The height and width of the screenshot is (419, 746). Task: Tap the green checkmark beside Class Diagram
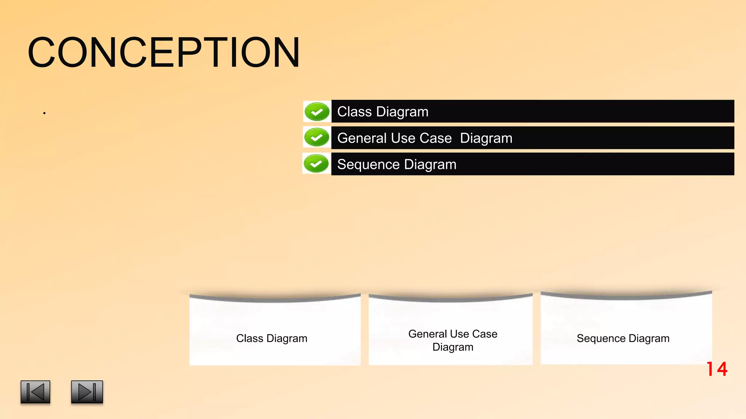[x=317, y=112]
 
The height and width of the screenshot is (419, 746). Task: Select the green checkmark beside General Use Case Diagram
[x=317, y=137]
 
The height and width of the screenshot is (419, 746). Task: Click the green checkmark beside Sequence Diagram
[x=316, y=163]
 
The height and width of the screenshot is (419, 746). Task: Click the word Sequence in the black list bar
[x=368, y=164]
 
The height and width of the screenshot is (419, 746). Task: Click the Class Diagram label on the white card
[x=272, y=338]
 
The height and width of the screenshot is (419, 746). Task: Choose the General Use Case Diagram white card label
[x=453, y=340]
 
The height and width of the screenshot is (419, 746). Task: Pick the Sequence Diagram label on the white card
[x=623, y=338]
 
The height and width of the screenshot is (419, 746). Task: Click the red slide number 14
[x=717, y=369]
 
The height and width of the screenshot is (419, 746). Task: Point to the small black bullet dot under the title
[x=44, y=113]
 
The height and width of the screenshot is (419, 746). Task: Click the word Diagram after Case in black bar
[x=486, y=139]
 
